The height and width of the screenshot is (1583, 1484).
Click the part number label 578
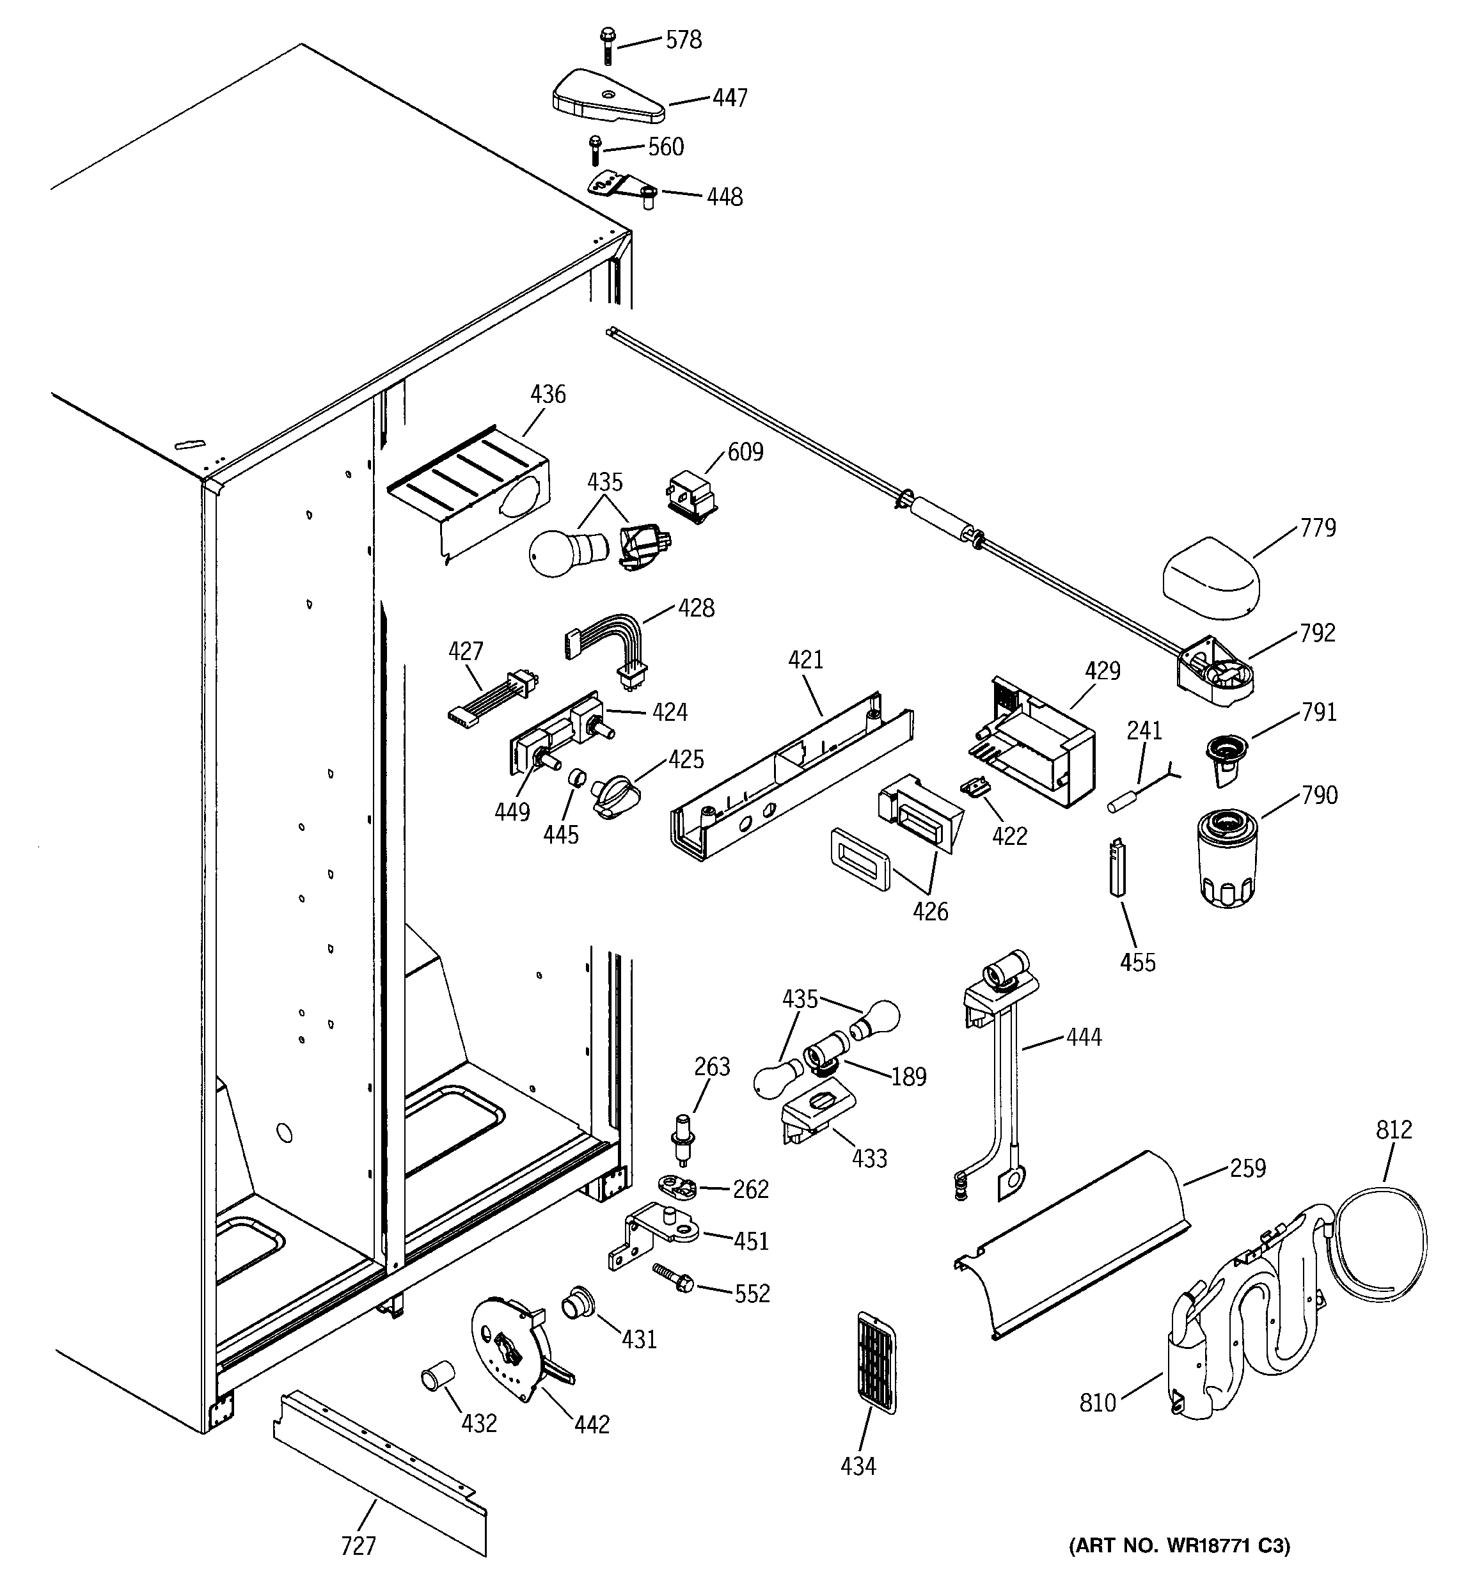(683, 39)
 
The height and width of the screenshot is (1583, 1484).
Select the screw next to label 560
(594, 150)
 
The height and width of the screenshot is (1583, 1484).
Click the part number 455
(1137, 962)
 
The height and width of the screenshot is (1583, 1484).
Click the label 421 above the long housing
(805, 659)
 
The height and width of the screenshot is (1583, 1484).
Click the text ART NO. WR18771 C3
(1178, 1545)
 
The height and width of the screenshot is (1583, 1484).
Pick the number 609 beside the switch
(745, 452)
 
